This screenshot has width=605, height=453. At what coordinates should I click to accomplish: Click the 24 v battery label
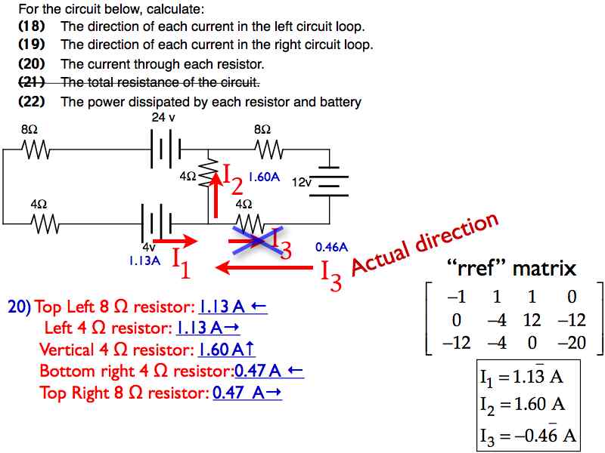[x=163, y=117]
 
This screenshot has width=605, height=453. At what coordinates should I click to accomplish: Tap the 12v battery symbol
[x=329, y=181]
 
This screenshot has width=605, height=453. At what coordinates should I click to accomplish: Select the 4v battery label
[x=149, y=247]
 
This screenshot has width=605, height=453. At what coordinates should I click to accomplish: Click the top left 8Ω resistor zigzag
[x=36, y=149]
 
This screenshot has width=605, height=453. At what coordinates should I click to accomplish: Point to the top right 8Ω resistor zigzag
[x=269, y=149]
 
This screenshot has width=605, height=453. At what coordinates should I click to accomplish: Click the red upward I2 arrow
[x=216, y=196]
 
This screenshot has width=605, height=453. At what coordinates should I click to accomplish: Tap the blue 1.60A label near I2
[x=264, y=177]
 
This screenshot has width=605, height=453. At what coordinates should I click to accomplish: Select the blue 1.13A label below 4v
[x=144, y=260]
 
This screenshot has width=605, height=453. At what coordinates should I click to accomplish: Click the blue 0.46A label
[x=331, y=248]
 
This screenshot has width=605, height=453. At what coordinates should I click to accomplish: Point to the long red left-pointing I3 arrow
[x=264, y=267]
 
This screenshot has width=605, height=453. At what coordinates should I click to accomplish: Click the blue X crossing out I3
[x=258, y=240]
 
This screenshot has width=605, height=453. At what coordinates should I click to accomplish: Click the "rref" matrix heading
[x=511, y=268]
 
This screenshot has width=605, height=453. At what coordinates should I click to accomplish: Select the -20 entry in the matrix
[x=572, y=343]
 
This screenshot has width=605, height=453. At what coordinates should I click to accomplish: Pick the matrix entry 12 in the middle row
[x=532, y=320]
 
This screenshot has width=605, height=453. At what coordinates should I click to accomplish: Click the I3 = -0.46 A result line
[x=528, y=436]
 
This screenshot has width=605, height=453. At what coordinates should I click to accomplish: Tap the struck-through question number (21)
[x=32, y=82]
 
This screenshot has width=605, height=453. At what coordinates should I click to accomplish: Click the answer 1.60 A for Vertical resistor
[x=226, y=350]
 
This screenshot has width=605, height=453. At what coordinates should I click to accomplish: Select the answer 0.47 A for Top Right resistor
[x=247, y=393]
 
